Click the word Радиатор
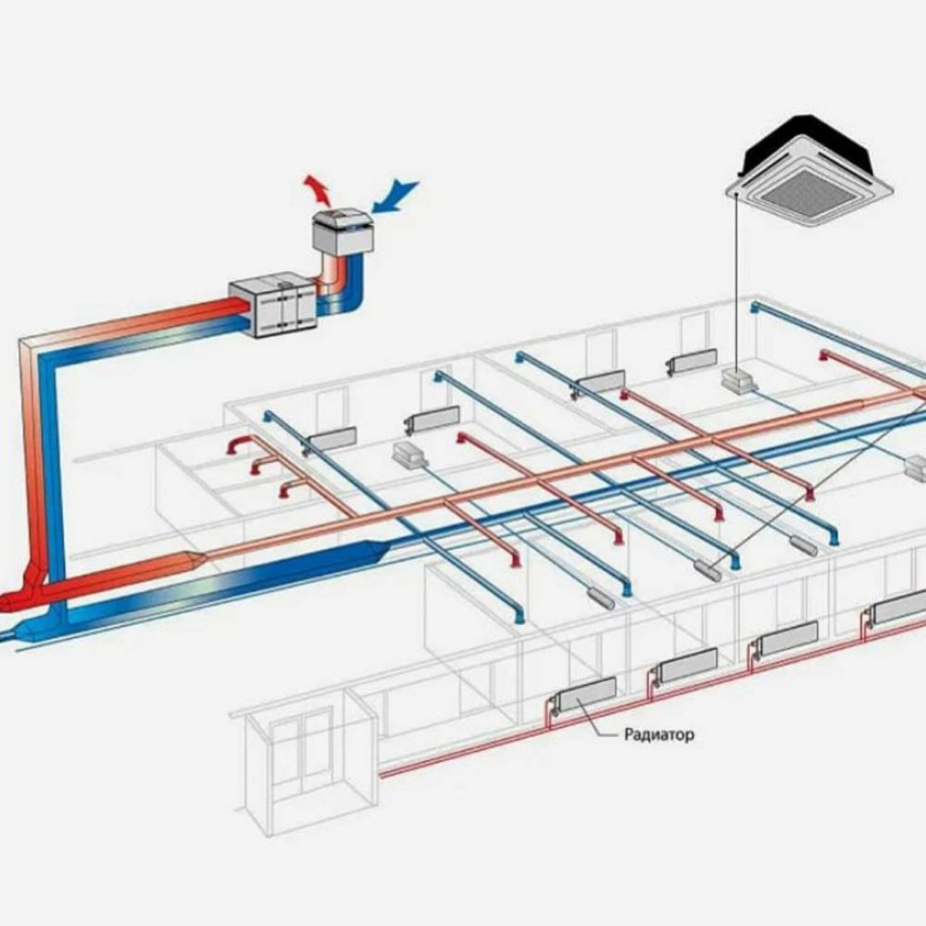[x=658, y=735]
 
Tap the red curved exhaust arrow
[x=317, y=190]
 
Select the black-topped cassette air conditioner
[x=809, y=171]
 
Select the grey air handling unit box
[x=273, y=305]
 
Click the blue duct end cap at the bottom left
[x=27, y=631]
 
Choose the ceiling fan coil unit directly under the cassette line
[x=738, y=381]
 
